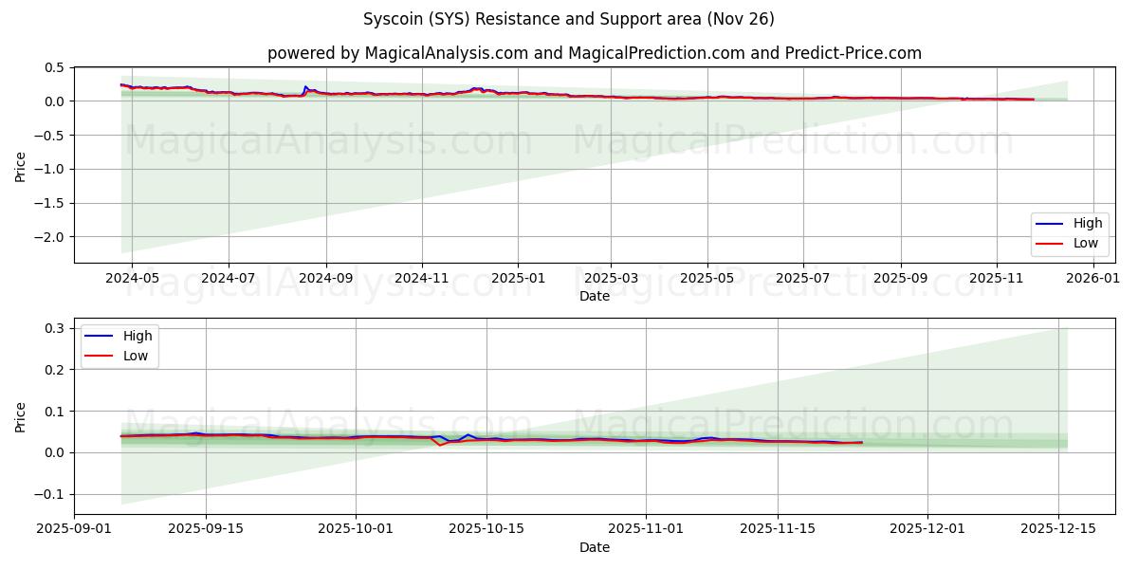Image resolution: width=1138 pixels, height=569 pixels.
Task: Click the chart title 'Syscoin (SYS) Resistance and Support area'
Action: [568, 19]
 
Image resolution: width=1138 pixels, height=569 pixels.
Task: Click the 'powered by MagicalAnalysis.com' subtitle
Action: [594, 53]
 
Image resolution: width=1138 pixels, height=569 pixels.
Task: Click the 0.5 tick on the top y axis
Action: [55, 68]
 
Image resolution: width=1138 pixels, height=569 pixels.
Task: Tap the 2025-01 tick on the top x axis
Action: [518, 278]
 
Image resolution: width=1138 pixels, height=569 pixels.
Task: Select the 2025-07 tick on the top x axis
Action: [803, 278]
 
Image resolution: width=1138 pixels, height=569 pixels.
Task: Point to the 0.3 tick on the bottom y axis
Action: [55, 328]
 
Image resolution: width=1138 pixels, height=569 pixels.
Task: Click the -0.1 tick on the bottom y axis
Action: [49, 494]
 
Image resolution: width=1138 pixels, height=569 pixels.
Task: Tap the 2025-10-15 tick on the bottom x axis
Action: [486, 529]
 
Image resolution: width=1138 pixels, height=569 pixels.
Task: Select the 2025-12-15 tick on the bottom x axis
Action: [1057, 529]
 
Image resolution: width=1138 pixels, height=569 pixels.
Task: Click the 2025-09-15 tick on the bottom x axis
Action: [206, 529]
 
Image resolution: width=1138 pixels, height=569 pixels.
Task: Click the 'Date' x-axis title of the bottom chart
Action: [594, 547]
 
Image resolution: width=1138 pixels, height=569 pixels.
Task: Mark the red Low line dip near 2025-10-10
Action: [440, 445]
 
